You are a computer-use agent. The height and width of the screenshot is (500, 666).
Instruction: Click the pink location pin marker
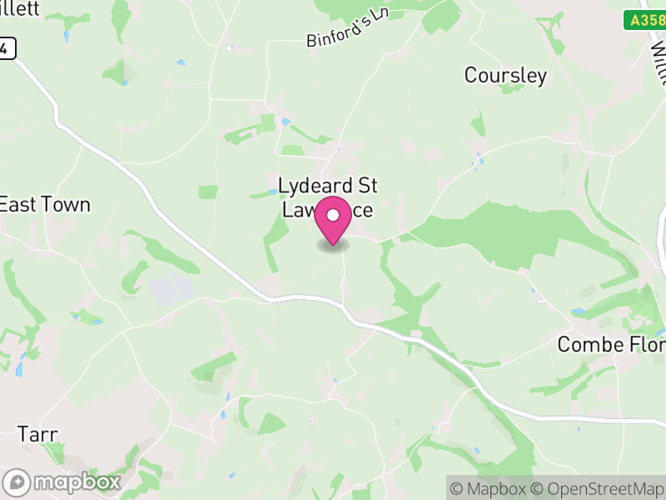333,221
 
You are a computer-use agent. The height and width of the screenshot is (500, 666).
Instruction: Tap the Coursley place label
505,76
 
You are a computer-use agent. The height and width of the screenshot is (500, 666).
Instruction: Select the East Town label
45,204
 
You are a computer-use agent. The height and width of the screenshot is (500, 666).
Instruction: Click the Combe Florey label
610,344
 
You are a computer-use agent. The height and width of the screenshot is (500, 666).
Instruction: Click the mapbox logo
63,482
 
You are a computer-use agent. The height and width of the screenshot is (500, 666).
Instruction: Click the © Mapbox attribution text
491,488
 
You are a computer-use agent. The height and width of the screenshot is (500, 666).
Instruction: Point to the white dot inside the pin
333,216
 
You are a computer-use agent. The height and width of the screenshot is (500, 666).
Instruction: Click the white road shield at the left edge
7,49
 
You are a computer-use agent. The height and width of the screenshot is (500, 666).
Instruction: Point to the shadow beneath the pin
333,246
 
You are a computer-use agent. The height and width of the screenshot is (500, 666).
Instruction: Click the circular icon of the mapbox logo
17,482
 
